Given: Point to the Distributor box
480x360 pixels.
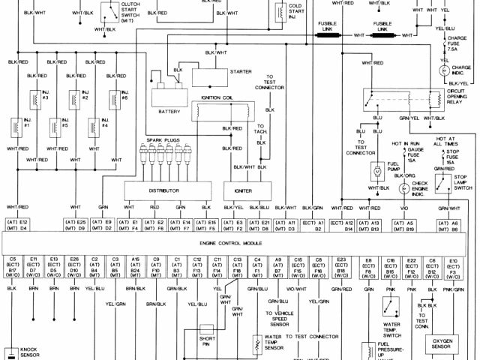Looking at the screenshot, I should coord(163,190).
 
